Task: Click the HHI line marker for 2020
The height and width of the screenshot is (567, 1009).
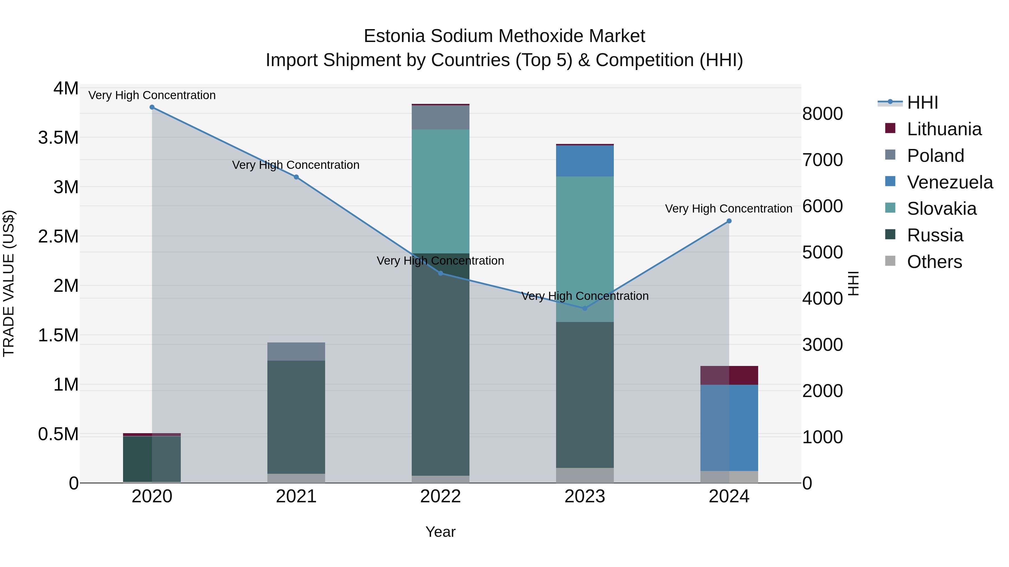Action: tap(152, 107)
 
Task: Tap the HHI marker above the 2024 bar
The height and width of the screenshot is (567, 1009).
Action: tap(729, 221)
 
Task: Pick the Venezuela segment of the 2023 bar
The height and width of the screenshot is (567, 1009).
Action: tap(584, 161)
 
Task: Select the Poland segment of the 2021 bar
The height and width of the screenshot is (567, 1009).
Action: tap(296, 351)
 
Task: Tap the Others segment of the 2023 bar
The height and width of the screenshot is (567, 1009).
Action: tap(584, 475)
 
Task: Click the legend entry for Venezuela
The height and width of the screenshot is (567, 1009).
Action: tap(950, 182)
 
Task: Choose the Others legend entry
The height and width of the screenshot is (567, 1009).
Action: tap(934, 262)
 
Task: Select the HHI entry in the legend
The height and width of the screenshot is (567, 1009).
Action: tap(922, 102)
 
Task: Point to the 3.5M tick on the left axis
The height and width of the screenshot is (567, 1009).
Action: tap(58, 138)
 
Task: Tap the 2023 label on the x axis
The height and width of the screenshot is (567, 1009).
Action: tap(584, 496)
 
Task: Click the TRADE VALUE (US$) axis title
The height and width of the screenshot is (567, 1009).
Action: tap(9, 283)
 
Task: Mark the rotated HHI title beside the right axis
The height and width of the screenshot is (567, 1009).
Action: tap(853, 283)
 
